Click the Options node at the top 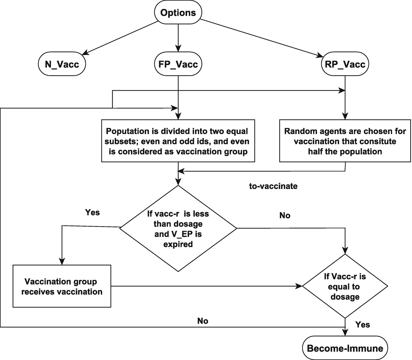click(x=178, y=13)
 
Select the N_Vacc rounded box click(x=62, y=64)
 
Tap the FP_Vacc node click(x=178, y=64)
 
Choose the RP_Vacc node click(x=345, y=64)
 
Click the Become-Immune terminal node click(x=345, y=348)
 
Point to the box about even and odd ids click(x=178, y=141)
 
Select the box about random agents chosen click(x=345, y=141)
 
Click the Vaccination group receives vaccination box click(x=62, y=286)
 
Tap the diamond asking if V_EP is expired click(x=178, y=229)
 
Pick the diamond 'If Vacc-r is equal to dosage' click(x=345, y=286)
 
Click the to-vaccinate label click(x=273, y=186)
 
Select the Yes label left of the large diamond click(x=92, y=212)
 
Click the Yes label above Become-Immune click(x=362, y=324)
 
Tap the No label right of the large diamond click(x=285, y=215)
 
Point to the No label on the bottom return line click(x=202, y=321)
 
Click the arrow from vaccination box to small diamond click(x=205, y=286)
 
